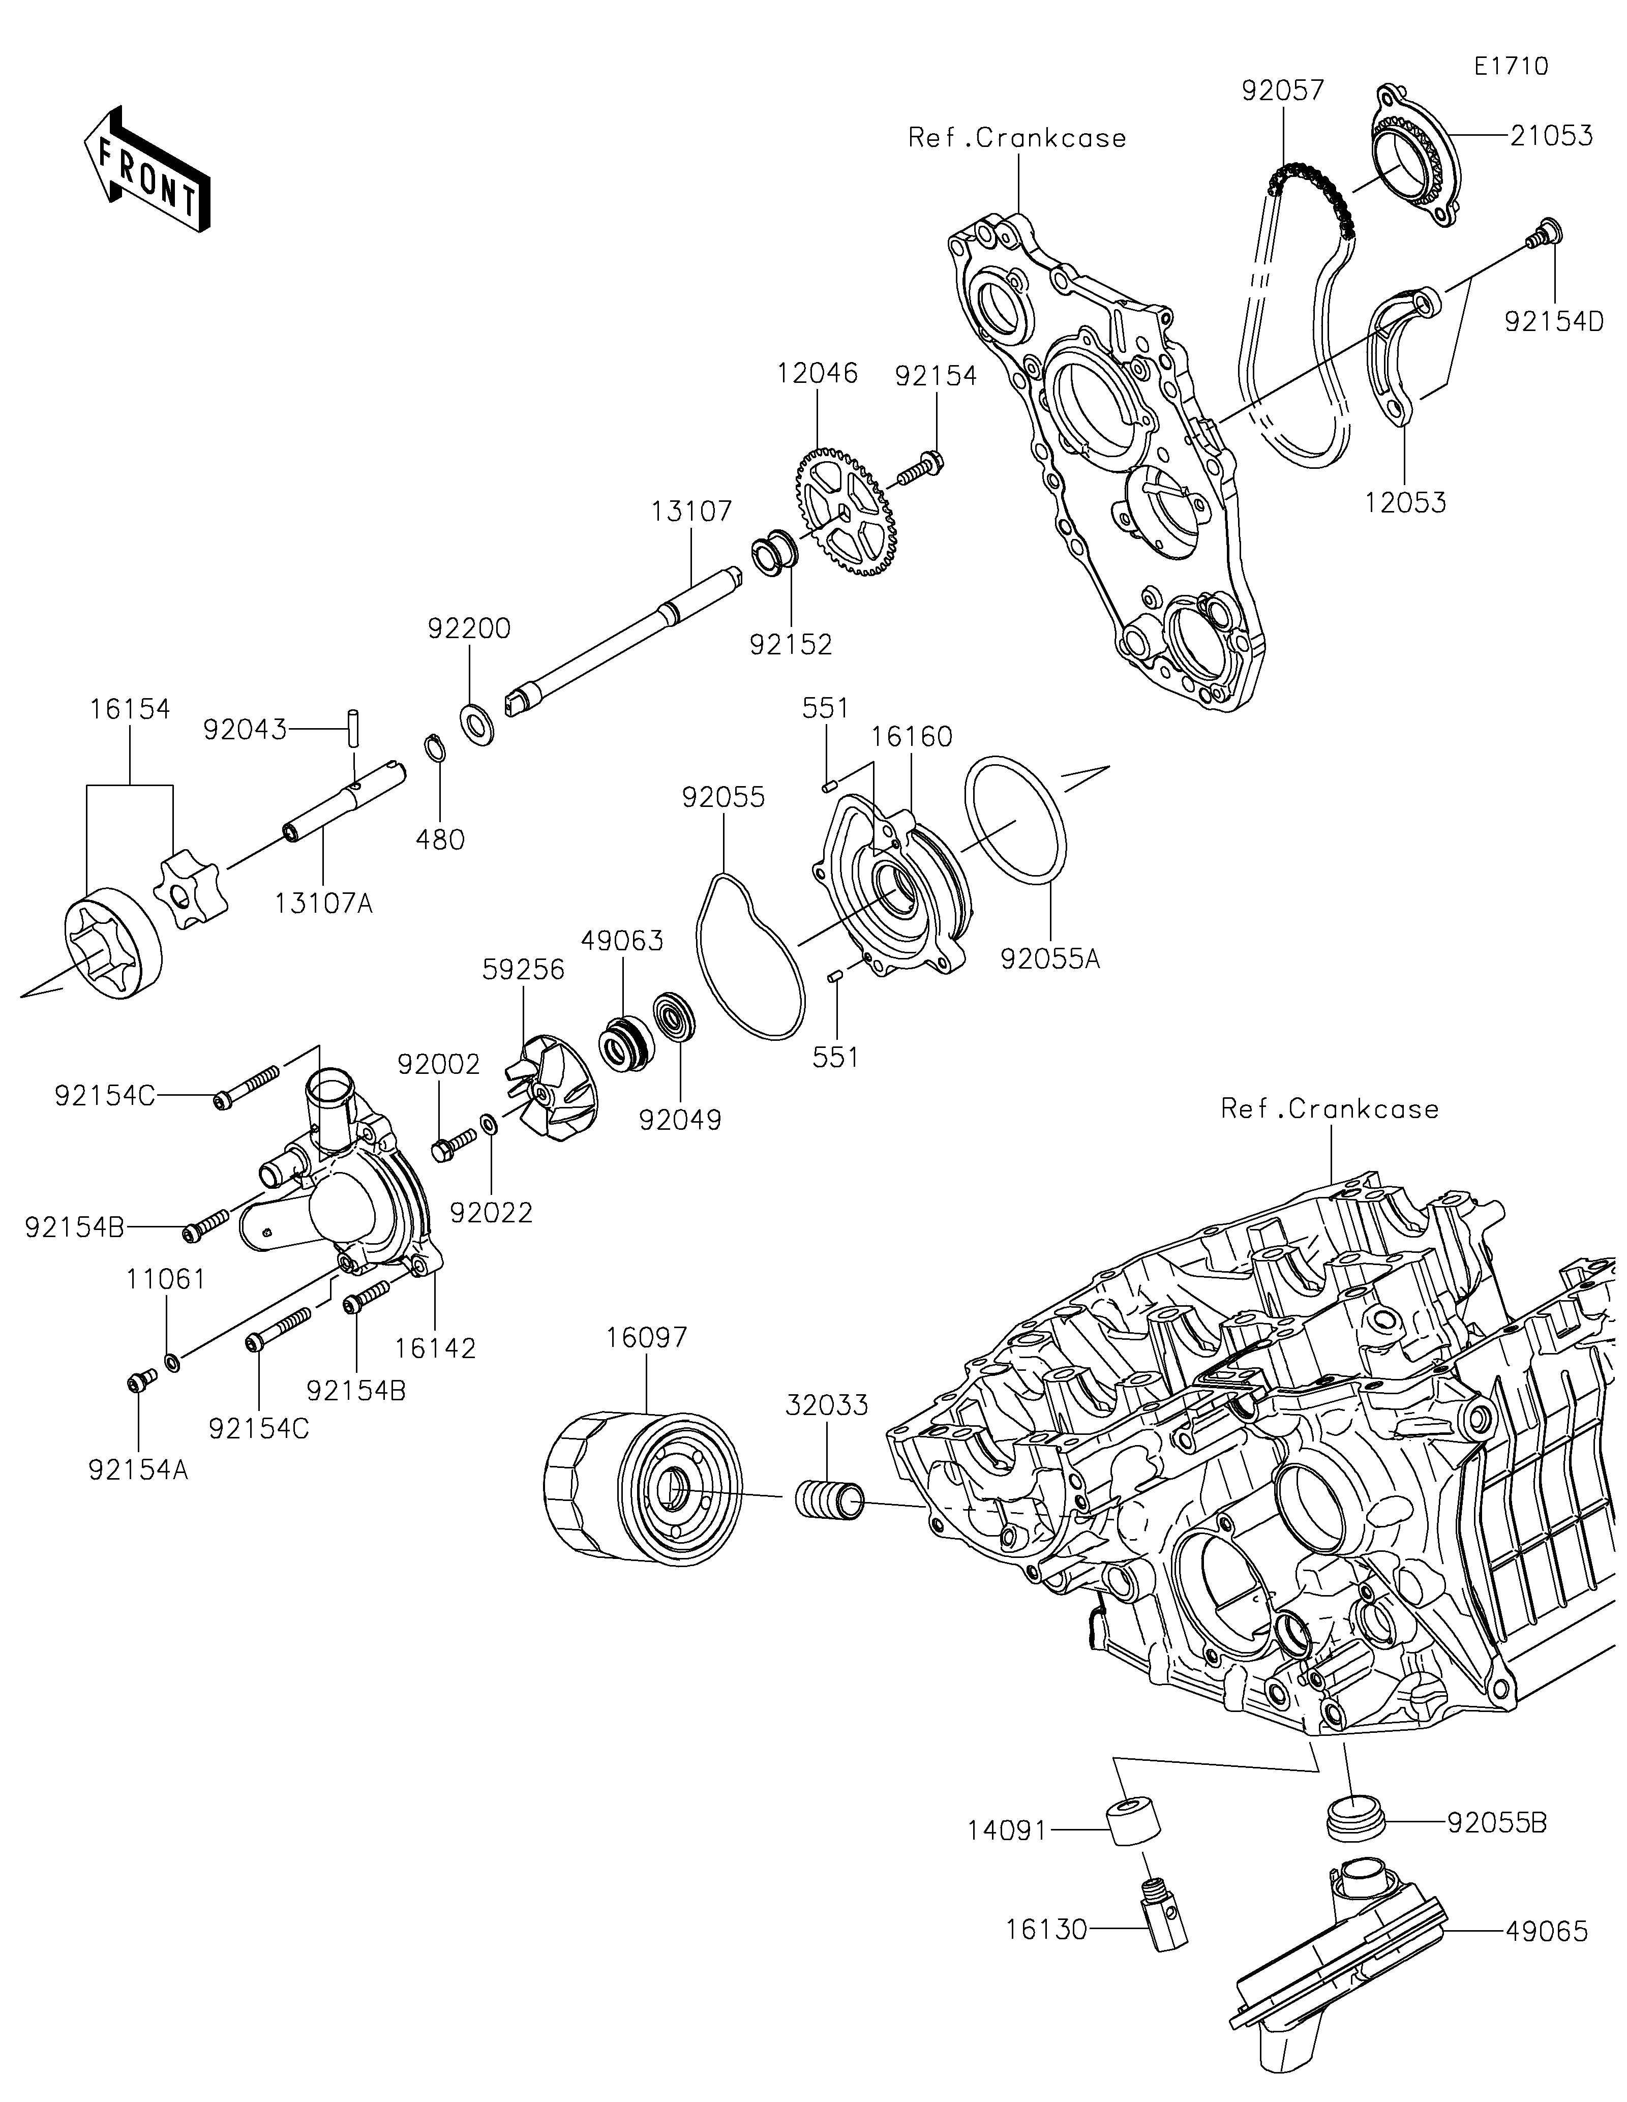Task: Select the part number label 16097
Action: (647, 1338)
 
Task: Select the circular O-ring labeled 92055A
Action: (1015, 819)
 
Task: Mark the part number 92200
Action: (469, 628)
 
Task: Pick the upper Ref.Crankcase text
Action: (1017, 139)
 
